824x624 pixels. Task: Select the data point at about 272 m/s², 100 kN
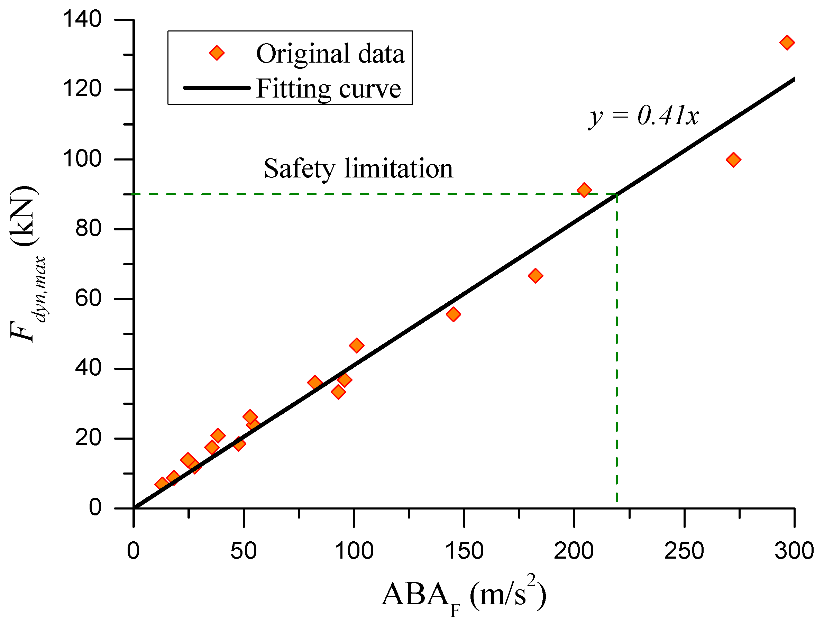pos(733,160)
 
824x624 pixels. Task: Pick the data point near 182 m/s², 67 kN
pos(535,276)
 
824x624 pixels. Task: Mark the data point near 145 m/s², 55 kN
pos(453,314)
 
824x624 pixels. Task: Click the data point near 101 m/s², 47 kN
pos(357,345)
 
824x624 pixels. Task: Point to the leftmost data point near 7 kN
pos(161,484)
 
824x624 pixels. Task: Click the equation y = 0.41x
pos(643,116)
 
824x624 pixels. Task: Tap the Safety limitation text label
pos(358,168)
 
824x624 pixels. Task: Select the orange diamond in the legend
pos(217,53)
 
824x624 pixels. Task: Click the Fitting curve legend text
pos(329,89)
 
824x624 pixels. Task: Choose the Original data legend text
pos(330,54)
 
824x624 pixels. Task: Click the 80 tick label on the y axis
pos(88,229)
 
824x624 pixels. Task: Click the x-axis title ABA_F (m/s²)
pos(464,595)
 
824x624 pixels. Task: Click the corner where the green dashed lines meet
pos(617,194)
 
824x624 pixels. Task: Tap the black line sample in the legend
pos(217,88)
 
